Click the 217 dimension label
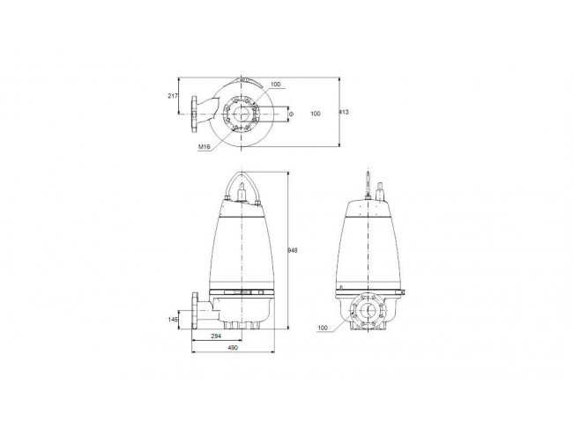click(173, 96)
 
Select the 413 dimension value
click(344, 112)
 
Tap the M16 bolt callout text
click(205, 147)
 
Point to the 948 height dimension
click(293, 250)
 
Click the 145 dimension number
click(173, 320)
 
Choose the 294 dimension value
click(216, 336)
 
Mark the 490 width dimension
click(233, 348)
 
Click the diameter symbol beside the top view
click(291, 114)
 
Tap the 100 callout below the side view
click(323, 328)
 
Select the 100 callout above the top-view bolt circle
click(276, 85)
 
